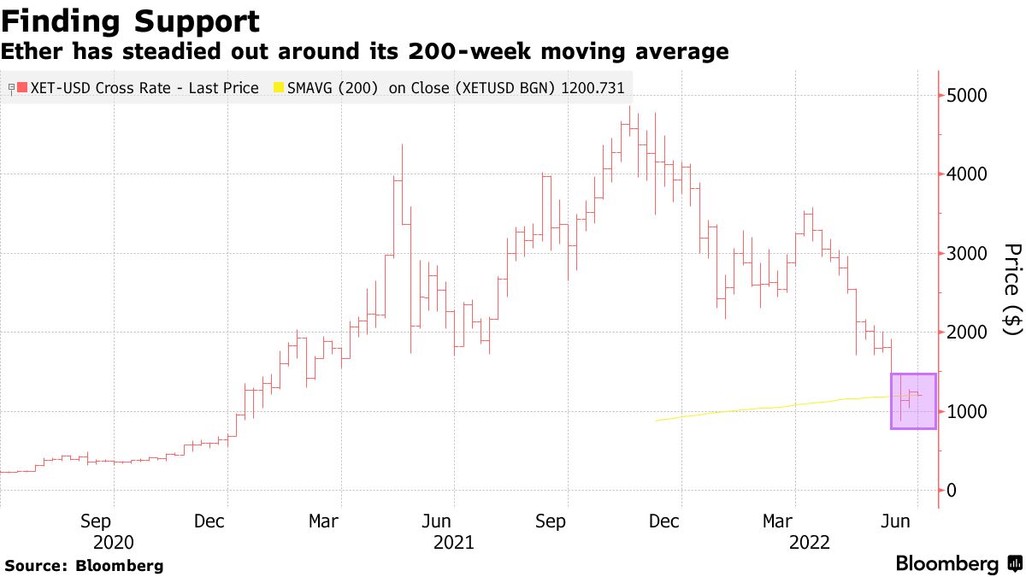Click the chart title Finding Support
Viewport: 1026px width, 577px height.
[130, 21]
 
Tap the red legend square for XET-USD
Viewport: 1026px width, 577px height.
[22, 88]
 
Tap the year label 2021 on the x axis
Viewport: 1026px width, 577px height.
[454, 542]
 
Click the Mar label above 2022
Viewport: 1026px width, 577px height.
[778, 521]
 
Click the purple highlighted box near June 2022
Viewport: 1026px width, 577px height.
[913, 401]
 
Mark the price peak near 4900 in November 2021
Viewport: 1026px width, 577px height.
[630, 108]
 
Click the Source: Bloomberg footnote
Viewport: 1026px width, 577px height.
[84, 566]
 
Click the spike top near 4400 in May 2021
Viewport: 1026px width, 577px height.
[401, 145]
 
